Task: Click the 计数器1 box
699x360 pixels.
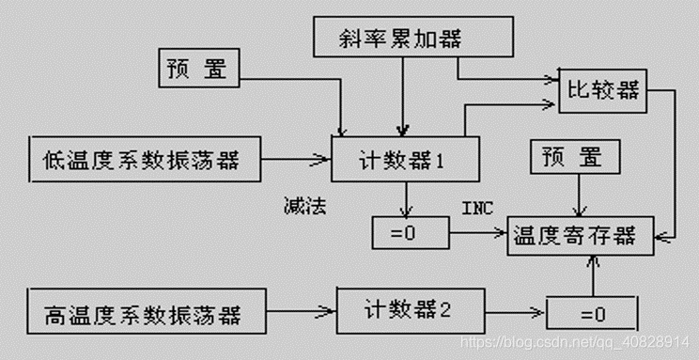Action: tap(406, 159)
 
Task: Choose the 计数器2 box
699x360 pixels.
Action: tap(406, 307)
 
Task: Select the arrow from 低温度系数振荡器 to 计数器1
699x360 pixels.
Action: tap(296, 160)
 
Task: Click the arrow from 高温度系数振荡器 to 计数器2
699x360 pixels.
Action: tap(303, 308)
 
